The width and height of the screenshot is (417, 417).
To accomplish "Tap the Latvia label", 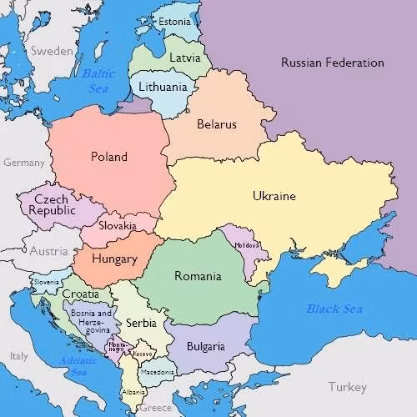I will [184, 58].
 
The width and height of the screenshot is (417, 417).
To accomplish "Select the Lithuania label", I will [163, 87].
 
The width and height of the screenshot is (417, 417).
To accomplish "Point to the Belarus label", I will [217, 124].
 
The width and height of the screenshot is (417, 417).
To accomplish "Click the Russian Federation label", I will [332, 63].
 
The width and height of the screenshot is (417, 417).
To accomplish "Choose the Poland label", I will [109, 157].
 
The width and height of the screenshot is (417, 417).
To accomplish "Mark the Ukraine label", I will [274, 197].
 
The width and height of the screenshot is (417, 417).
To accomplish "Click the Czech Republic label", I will [52, 205].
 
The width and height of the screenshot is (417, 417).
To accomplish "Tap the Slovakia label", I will [118, 226].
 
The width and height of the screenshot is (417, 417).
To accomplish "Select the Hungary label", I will [114, 259].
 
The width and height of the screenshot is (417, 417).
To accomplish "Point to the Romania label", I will [198, 276].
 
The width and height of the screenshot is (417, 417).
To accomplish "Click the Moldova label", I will [248, 245].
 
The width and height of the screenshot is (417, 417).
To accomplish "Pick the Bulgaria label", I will [205, 346].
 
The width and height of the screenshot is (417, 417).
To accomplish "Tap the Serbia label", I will [141, 323].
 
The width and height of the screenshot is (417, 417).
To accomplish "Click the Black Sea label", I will [334, 309].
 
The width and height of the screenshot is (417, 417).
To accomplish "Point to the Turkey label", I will [347, 387].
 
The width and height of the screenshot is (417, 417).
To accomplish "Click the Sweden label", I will [53, 51].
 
